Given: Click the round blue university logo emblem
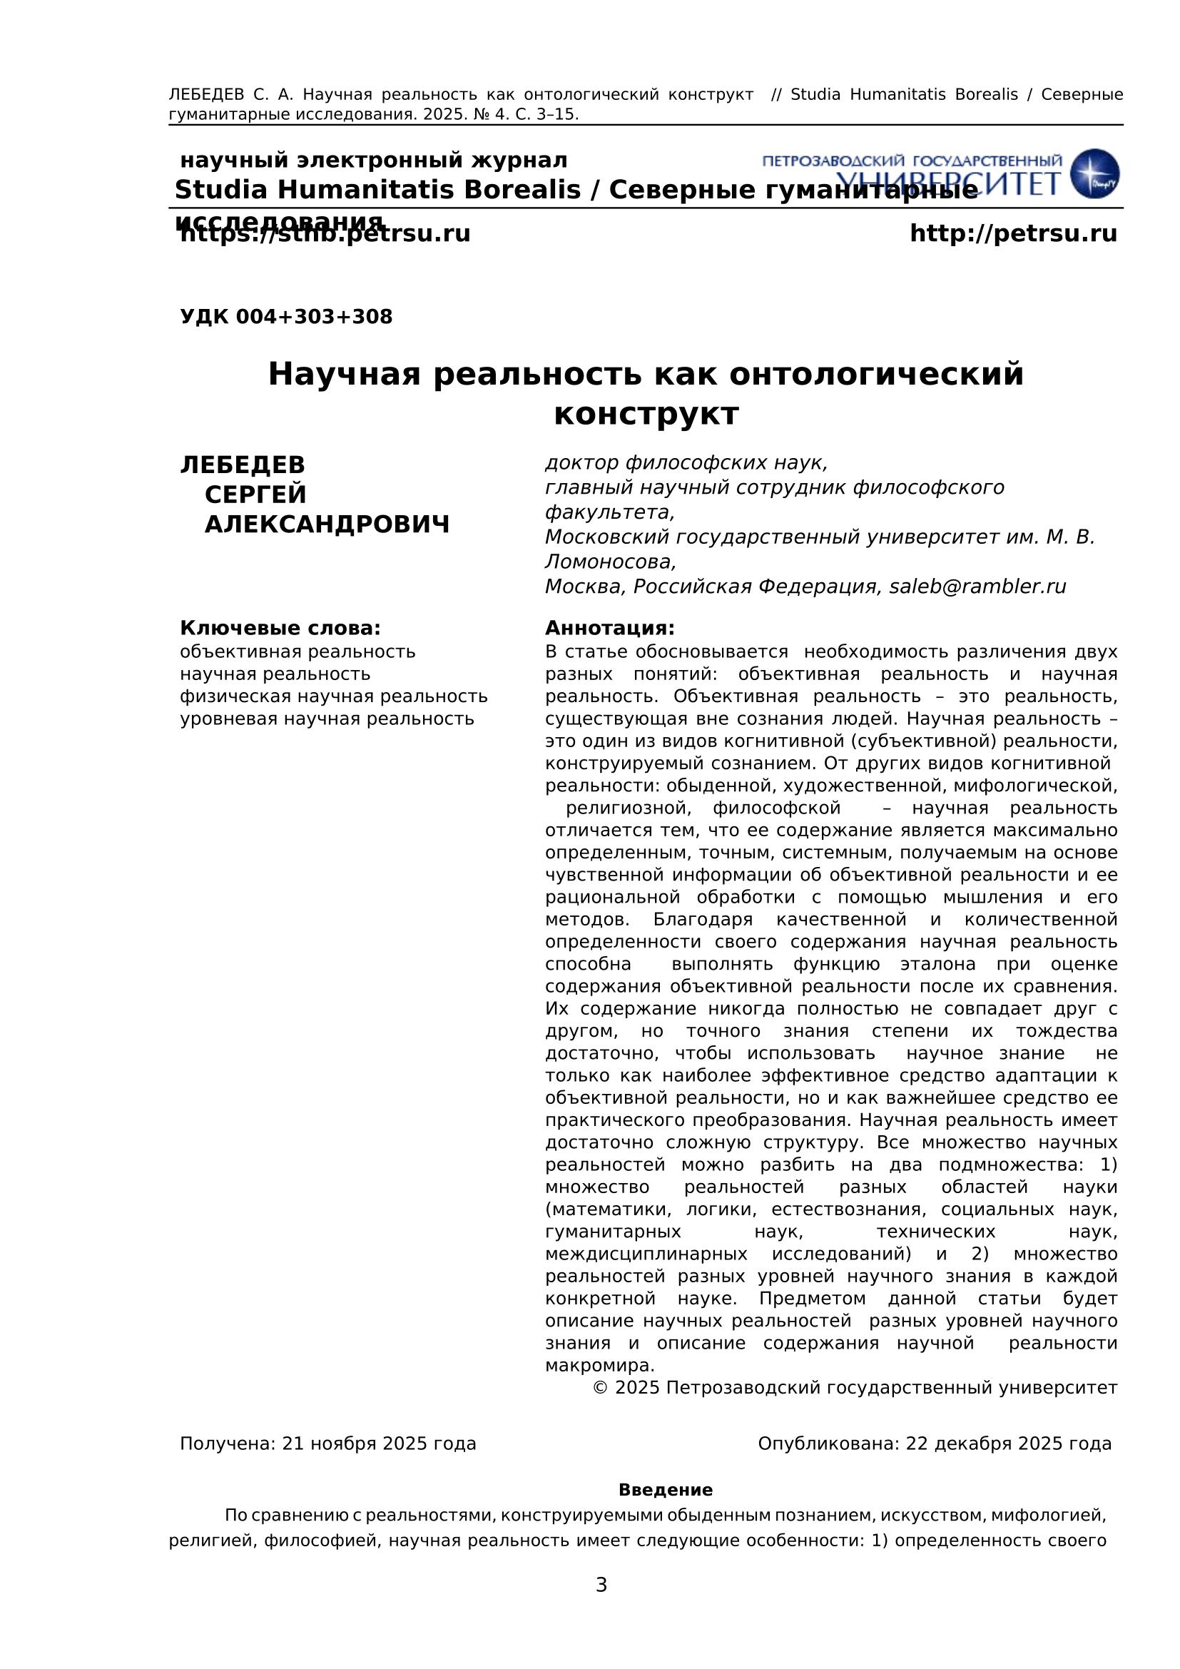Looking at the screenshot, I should point(1095,173).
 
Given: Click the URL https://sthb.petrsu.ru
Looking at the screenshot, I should point(325,235).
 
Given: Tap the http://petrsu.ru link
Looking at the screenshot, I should point(1013,234).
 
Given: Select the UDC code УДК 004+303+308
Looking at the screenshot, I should point(286,317).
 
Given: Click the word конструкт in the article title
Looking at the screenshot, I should point(646,415).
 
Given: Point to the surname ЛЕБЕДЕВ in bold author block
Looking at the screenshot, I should point(243,465).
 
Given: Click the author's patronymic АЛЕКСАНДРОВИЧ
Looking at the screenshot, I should point(327,524).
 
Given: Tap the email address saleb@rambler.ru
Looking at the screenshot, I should point(977,587).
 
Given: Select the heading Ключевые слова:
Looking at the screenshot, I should point(280,628).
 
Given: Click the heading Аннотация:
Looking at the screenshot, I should point(609,628).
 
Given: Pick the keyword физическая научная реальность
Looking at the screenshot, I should point(333,696).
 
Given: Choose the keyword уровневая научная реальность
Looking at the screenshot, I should point(327,719).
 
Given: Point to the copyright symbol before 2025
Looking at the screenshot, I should point(600,1388).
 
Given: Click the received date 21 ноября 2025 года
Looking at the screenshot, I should point(379,1444).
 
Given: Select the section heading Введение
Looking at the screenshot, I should point(665,1490).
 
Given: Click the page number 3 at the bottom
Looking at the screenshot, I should point(601,1586).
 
